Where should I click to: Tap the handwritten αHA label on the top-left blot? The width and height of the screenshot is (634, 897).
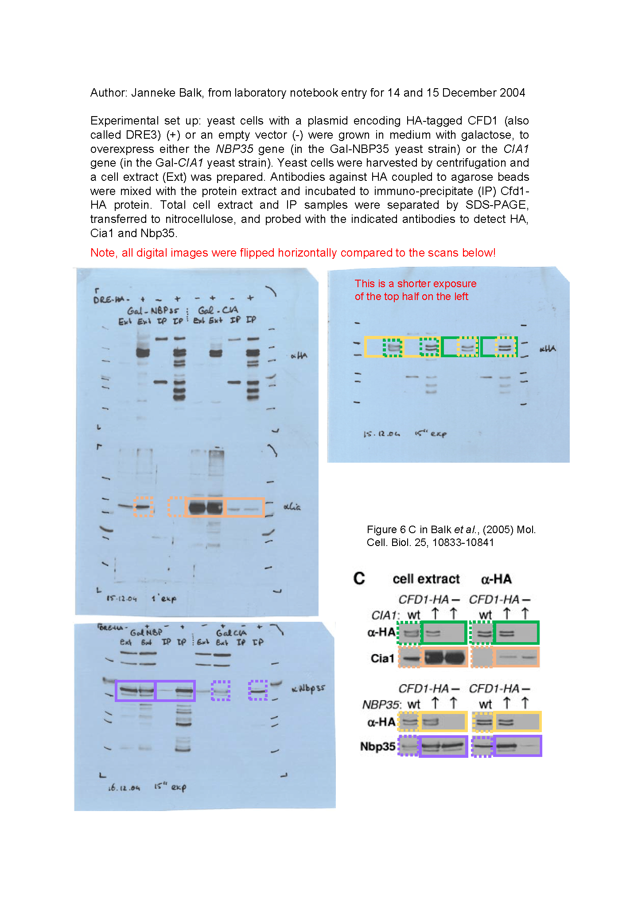(x=299, y=355)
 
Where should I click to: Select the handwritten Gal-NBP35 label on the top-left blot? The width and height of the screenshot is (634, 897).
(x=153, y=310)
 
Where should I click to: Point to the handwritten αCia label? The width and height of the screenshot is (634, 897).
(x=292, y=507)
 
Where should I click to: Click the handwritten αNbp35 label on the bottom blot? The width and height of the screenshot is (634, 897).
(x=308, y=689)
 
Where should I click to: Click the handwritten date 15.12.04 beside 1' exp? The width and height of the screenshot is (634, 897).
(x=121, y=598)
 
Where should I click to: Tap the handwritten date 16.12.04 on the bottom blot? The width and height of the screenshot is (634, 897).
(x=124, y=788)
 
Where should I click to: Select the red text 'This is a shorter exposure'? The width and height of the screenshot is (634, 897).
(x=415, y=284)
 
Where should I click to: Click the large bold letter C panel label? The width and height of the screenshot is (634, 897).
(x=359, y=579)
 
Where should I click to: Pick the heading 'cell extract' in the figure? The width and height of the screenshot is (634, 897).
(x=426, y=579)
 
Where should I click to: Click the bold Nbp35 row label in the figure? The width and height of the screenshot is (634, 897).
(x=377, y=746)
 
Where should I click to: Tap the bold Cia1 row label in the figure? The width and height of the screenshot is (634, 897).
(x=382, y=659)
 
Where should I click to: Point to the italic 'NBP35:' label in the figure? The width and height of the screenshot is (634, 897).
(x=381, y=704)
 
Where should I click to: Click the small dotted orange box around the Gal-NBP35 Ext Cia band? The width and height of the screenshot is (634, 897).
(x=144, y=507)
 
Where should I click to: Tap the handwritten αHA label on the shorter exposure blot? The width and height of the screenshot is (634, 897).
(x=548, y=349)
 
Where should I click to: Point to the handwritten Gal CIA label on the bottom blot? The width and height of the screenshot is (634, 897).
(x=231, y=633)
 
